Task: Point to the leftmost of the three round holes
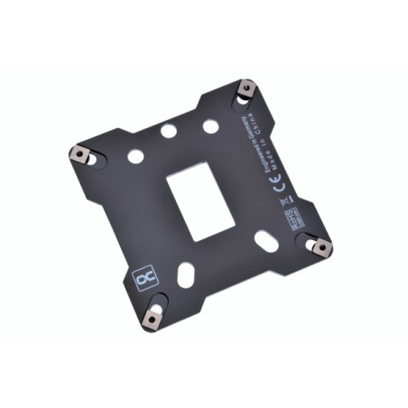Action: tap(135, 156)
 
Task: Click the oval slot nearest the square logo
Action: tap(184, 273)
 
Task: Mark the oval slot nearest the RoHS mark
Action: tap(266, 241)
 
